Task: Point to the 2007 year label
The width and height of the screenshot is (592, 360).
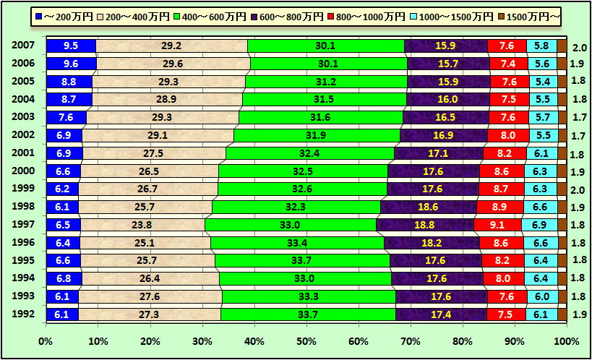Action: [x=23, y=46]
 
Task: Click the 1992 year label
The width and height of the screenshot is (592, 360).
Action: [x=23, y=314]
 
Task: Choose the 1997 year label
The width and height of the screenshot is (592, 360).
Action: [x=23, y=225]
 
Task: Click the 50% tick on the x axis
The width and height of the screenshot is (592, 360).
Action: [x=306, y=340]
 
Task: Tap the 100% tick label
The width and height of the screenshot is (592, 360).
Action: [x=566, y=340]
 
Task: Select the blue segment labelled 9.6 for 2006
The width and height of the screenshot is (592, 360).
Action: [x=71, y=64]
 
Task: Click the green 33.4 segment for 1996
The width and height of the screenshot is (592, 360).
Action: [x=297, y=243]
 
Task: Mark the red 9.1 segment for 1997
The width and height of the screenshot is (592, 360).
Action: [x=497, y=225]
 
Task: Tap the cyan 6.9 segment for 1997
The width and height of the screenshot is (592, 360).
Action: [x=539, y=225]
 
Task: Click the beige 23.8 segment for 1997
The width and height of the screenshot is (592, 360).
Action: [x=142, y=225]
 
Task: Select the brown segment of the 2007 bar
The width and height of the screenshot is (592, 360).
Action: [x=562, y=46]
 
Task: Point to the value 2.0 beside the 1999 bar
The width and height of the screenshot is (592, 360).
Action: [x=579, y=189]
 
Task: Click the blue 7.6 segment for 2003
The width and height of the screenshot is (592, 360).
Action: [x=66, y=117]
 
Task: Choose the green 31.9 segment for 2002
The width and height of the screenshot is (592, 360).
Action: [x=317, y=135]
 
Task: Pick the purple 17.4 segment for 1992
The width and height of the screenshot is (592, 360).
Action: [x=441, y=314]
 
